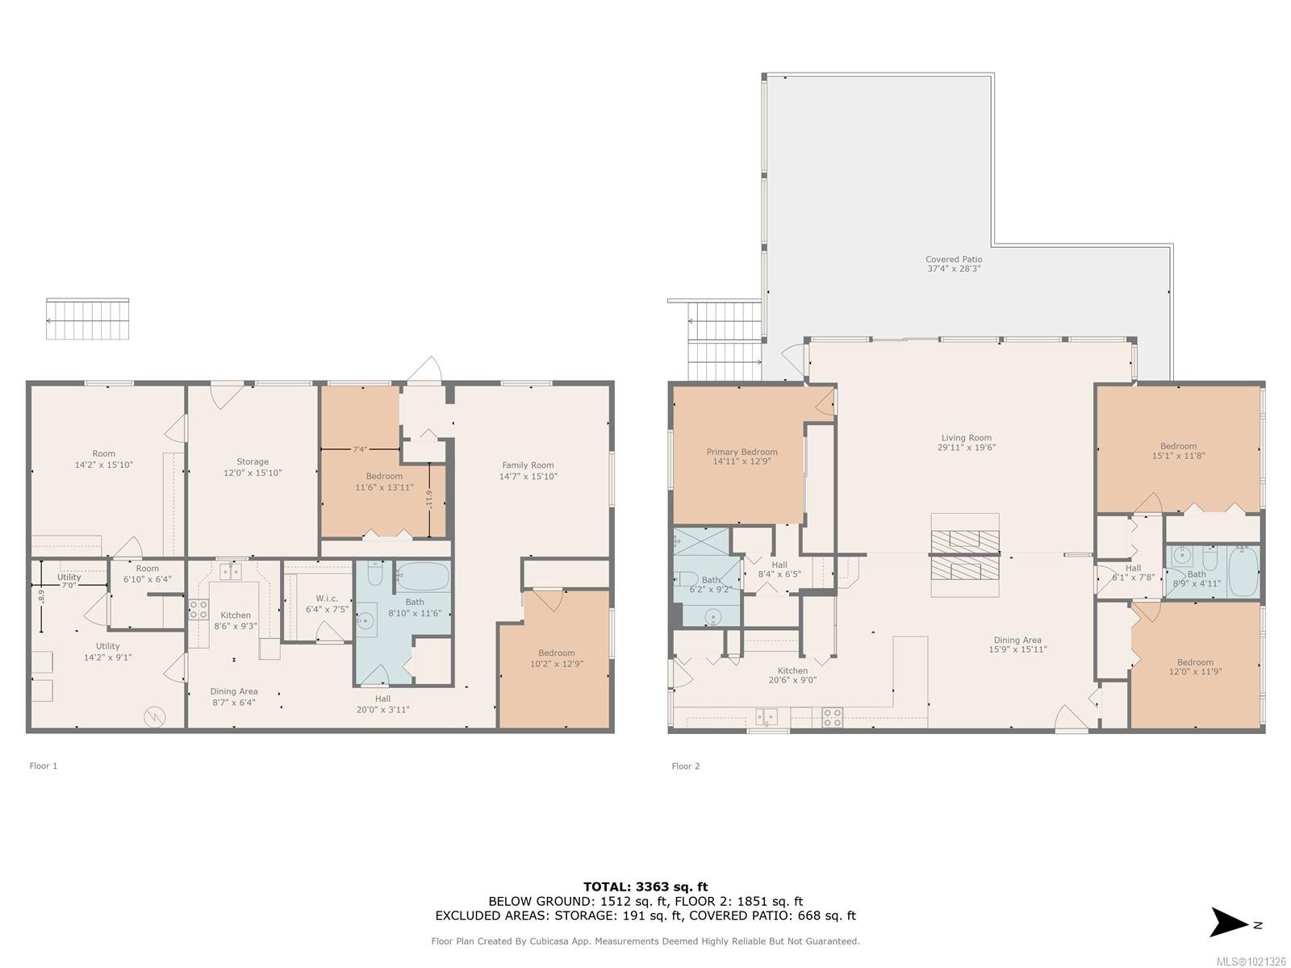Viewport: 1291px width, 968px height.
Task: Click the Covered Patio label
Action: [x=954, y=260]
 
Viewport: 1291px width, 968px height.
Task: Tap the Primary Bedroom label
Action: [x=742, y=453]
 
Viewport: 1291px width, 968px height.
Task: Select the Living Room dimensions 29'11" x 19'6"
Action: [x=966, y=448]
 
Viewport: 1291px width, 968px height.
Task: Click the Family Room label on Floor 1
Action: [x=528, y=465]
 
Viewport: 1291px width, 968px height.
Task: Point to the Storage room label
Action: [x=253, y=462]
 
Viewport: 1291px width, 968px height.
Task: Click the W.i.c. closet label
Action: [x=326, y=599]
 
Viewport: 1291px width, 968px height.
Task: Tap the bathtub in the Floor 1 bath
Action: [x=422, y=576]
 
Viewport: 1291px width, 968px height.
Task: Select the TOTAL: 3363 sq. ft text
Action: [x=645, y=887]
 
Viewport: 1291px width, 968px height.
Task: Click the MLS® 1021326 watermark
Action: [x=1251, y=962]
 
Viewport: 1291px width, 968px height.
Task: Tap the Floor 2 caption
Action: [x=685, y=766]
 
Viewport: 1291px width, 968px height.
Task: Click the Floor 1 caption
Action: [x=44, y=766]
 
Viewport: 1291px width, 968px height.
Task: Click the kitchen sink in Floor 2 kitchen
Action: [x=766, y=716]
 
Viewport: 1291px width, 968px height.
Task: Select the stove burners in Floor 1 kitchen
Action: [x=198, y=609]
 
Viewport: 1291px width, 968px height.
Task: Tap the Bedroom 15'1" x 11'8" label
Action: [x=1178, y=446]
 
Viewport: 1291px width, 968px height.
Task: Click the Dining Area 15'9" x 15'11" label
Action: [x=1017, y=640]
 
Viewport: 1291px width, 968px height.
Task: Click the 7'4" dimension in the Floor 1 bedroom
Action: [x=360, y=450]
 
